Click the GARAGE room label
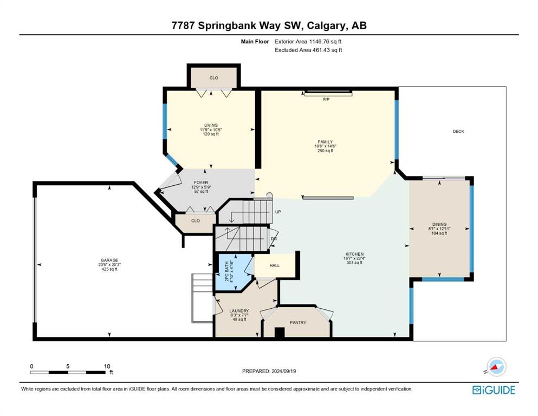pos(109,261)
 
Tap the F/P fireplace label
pos(326,100)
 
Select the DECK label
pos(458,131)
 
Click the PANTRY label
pos(298,323)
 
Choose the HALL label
pos(275,265)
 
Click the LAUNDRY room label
pos(239,311)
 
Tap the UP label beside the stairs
pos(278,212)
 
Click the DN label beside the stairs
pos(274,239)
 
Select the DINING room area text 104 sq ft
pos(439,233)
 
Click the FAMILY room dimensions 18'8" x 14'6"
pos(325,146)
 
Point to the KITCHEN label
pos(354,254)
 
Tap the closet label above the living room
pos(214,78)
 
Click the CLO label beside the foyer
pos(196,221)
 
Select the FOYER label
pos(201,183)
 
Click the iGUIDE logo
pos(494,391)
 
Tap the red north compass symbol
pos(495,367)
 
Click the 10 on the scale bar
pos(107,366)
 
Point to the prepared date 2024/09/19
pos(283,371)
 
